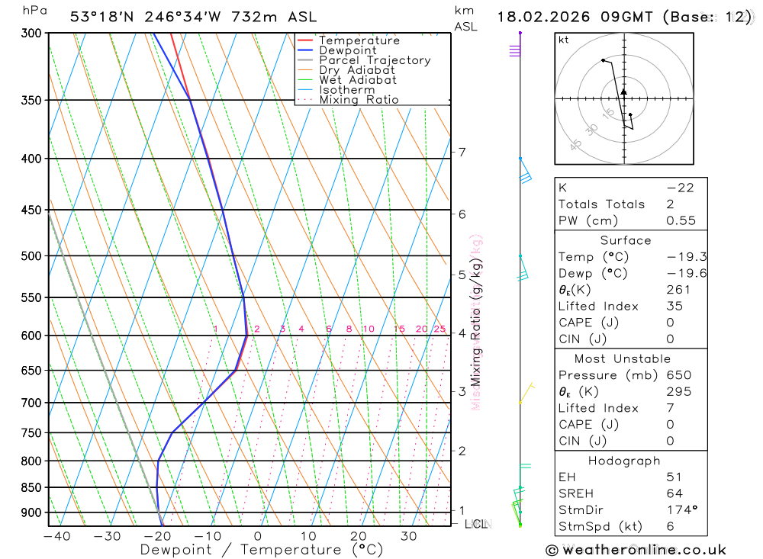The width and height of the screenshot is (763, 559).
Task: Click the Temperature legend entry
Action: (359, 40)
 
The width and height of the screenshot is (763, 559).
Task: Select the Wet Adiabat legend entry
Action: (357, 80)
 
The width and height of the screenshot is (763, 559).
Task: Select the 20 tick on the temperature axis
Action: (358, 536)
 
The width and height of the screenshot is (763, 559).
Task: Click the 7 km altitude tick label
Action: (462, 153)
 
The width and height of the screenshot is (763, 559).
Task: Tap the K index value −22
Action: (679, 188)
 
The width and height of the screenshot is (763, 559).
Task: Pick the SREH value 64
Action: (674, 493)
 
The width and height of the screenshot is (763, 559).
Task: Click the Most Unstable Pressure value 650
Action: (678, 375)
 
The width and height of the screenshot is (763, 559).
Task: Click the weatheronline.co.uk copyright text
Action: (636, 550)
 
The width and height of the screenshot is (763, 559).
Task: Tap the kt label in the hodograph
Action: (564, 40)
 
